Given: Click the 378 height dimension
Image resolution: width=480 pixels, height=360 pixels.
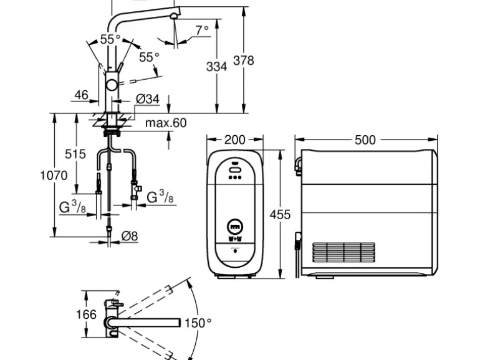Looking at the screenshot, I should [x=243, y=60].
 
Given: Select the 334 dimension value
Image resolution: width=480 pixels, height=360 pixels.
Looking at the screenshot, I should [x=216, y=66].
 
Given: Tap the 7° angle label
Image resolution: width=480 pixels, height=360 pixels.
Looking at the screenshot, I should [x=202, y=30].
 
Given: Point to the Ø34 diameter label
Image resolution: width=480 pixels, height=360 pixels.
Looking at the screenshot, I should [x=148, y=98].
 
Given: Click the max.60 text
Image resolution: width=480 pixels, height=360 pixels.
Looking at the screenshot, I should [x=166, y=123].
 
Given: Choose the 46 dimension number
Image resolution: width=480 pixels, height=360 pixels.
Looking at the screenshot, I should [x=81, y=95].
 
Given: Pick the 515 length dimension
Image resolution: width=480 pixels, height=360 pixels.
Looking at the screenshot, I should [x=75, y=154].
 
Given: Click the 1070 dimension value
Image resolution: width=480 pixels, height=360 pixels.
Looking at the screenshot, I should [x=54, y=176].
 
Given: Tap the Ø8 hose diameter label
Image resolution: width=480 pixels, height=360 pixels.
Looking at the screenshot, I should [x=130, y=235].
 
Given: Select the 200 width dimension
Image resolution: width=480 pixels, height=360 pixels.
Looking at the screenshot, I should [x=234, y=140].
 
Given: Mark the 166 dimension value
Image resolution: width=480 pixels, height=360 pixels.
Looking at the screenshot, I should [x=87, y=315].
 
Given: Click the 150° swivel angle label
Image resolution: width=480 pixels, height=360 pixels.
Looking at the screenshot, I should [x=198, y=323].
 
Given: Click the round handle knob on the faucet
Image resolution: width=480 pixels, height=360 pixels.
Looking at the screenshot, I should [x=112, y=86].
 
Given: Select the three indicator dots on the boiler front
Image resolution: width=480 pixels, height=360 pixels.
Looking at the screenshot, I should [x=235, y=177].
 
